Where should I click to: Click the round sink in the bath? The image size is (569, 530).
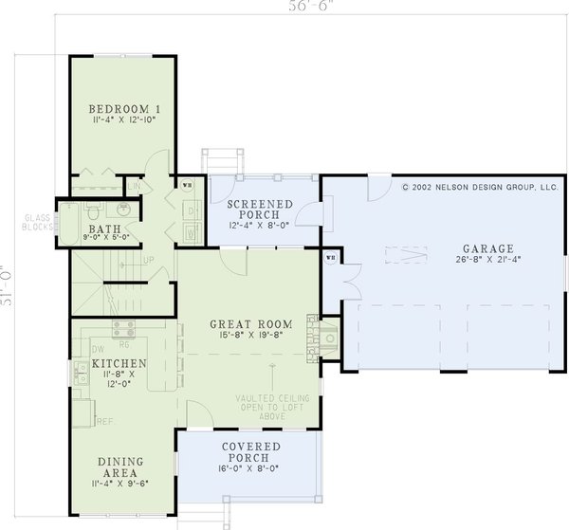point(125,210)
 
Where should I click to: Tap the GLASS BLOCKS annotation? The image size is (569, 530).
point(34,224)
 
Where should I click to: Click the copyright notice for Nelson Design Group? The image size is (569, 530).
point(481,188)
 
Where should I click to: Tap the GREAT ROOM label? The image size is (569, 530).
point(250,324)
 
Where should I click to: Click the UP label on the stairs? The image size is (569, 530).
point(147,259)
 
